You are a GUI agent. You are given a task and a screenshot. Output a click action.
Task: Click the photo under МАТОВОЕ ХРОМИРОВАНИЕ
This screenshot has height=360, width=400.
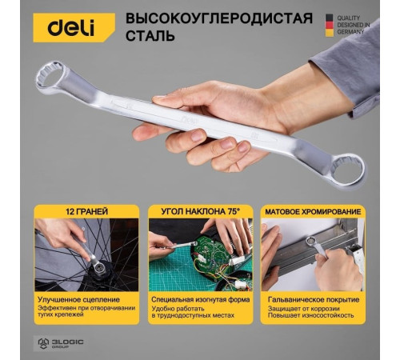[x=312, y=255]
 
